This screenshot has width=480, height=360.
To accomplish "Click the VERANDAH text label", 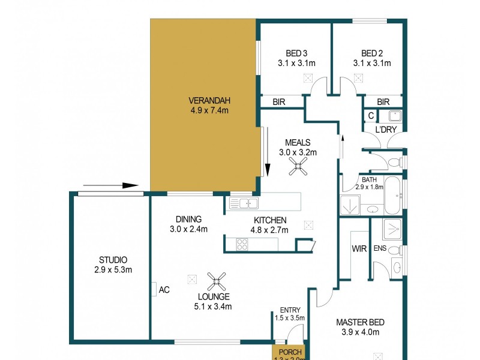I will coord(209,100).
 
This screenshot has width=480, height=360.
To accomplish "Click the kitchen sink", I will coord(244,203).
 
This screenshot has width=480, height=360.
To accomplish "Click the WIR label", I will coord(359,248).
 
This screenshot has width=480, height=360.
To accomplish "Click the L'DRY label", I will coord(385,130).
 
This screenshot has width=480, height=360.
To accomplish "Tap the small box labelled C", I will coord(371,116).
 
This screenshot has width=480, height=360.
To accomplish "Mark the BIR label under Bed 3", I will coord(279,103).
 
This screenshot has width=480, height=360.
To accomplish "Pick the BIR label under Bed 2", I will coord(383,103).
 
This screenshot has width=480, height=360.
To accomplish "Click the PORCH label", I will coord(289,352).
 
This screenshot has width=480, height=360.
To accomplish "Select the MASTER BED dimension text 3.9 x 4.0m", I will coord(359,332).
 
